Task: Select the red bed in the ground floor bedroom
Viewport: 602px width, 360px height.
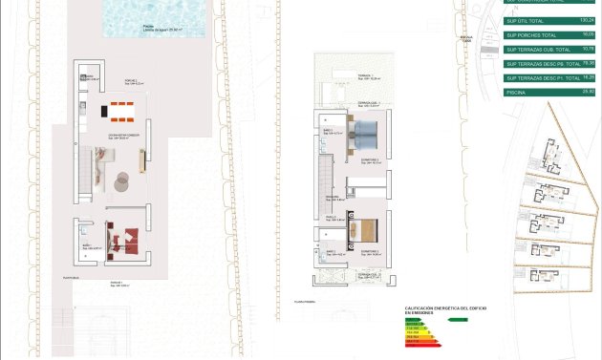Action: coord(122,236)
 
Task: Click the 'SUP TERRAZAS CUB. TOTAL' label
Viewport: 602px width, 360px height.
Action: coord(537,49)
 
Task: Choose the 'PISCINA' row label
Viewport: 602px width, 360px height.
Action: coord(517,93)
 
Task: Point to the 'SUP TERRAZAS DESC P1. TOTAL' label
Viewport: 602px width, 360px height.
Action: coord(543,78)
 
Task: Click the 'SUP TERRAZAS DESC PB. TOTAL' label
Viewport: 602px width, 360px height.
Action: coord(543,64)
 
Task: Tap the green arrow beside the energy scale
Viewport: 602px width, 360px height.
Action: coord(458,320)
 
